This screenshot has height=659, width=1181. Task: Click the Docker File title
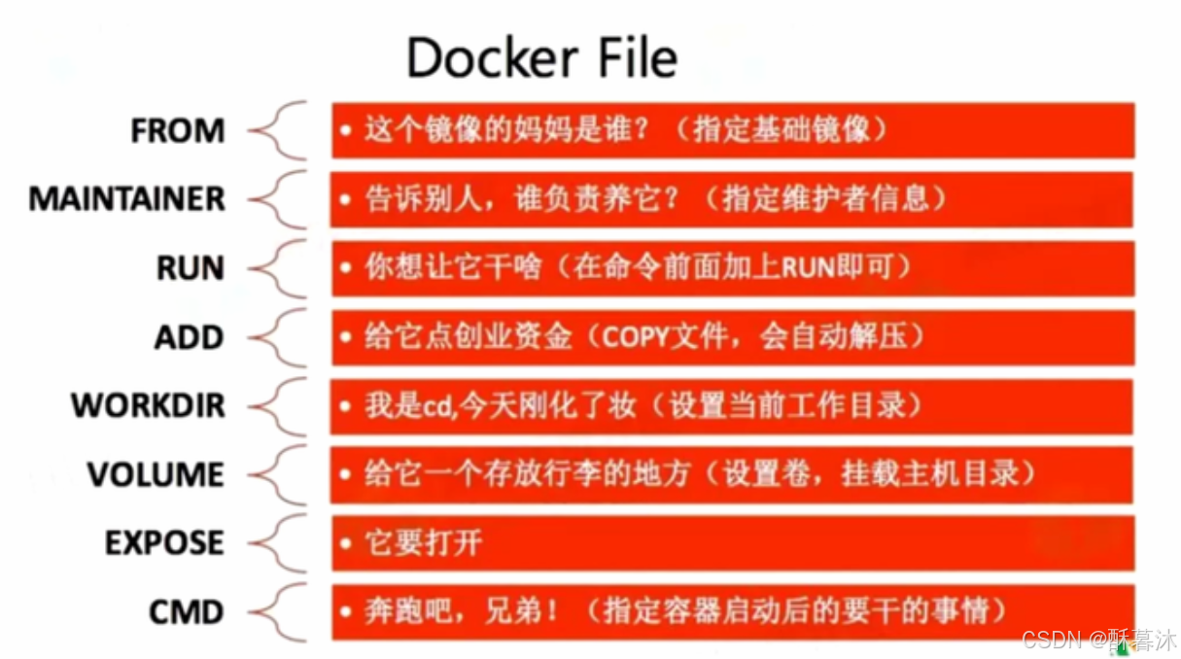pyautogui.click(x=541, y=58)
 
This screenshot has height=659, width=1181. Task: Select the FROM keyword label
pyautogui.click(x=178, y=131)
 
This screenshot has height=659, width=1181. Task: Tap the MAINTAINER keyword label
pyautogui.click(x=126, y=199)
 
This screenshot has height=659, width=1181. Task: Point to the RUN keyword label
pyautogui.click(x=191, y=268)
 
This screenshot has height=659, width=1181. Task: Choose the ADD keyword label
pyautogui.click(x=189, y=337)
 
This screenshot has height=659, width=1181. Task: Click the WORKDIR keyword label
pyautogui.click(x=148, y=405)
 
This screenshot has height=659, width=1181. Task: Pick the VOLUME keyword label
pyautogui.click(x=156, y=474)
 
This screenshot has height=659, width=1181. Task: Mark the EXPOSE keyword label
pyautogui.click(x=164, y=542)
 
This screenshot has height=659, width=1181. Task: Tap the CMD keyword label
pyautogui.click(x=186, y=611)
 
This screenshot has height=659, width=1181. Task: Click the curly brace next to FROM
pyautogui.click(x=280, y=130)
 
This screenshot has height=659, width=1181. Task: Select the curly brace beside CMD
pyautogui.click(x=280, y=611)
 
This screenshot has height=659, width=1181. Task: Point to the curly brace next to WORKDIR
pyautogui.click(x=280, y=405)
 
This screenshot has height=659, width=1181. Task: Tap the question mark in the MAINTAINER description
pyautogui.click(x=681, y=199)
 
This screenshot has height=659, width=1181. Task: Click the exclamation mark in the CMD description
pyautogui.click(x=552, y=611)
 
